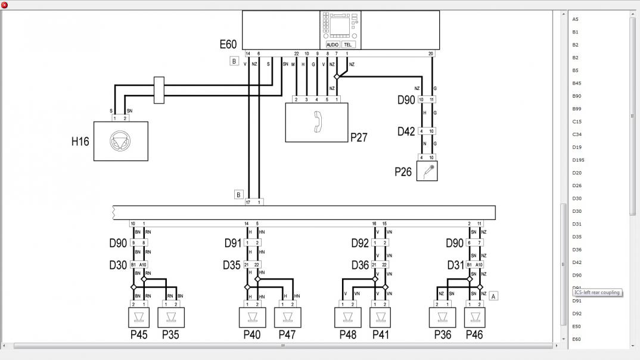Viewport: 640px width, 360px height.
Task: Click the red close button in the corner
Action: [x=5, y=5]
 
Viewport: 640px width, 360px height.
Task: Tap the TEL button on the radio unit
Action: [x=348, y=45]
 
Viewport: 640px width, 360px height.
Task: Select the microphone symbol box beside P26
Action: [x=427, y=171]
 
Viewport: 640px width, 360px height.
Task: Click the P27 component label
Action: [x=359, y=138]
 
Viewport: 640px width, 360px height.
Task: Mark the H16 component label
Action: [x=80, y=142]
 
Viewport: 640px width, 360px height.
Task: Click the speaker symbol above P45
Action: [x=139, y=317]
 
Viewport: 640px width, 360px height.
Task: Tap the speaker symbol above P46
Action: [x=475, y=317]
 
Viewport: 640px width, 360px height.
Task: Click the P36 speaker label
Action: [x=443, y=335]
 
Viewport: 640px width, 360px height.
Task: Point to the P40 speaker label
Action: [x=252, y=335]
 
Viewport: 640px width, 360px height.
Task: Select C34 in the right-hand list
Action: [x=577, y=135]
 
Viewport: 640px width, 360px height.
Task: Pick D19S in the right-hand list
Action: [x=578, y=160]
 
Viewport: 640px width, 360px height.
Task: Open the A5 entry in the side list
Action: [x=575, y=19]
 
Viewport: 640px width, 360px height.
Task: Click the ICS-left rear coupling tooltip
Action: [x=597, y=293]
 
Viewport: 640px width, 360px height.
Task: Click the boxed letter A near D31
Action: [x=493, y=296]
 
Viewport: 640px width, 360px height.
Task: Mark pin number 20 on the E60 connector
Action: [x=431, y=54]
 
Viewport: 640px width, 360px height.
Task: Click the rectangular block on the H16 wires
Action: [x=159, y=90]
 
